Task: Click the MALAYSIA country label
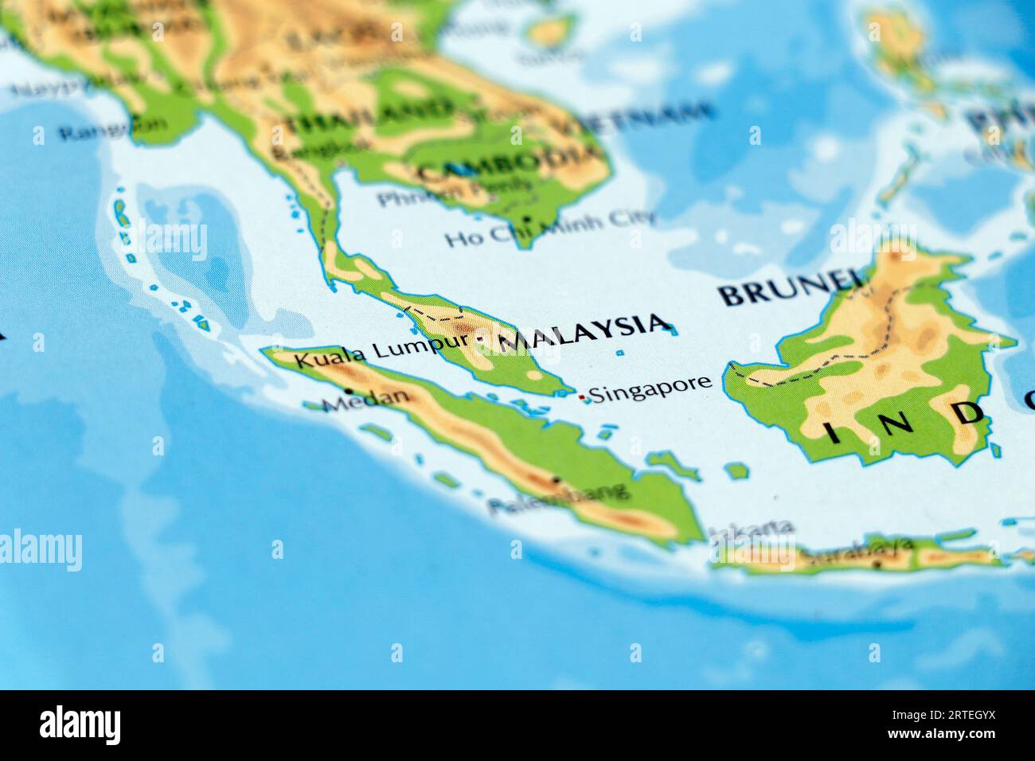point(583,332)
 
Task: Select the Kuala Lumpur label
point(381,351)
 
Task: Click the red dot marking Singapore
point(582,396)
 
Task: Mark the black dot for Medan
point(349,391)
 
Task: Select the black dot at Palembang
point(556,480)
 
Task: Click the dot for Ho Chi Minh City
point(526,219)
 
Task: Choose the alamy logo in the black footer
point(80,724)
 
